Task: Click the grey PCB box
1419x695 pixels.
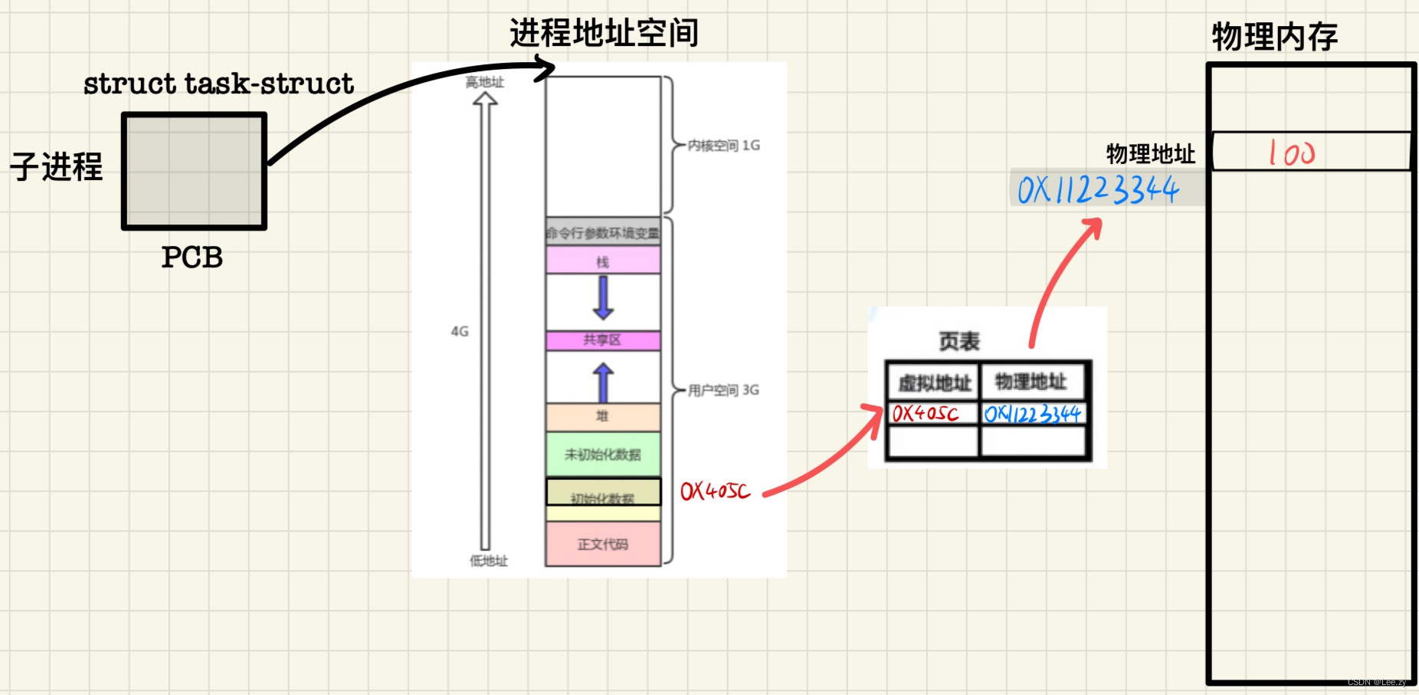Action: (194, 171)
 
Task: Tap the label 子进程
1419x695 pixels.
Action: (57, 166)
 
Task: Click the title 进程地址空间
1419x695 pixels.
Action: (604, 34)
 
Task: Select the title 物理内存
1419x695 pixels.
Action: (1274, 37)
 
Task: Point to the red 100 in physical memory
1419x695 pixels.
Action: (1291, 152)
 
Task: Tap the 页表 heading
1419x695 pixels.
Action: (959, 341)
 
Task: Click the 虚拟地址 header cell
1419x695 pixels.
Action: (934, 382)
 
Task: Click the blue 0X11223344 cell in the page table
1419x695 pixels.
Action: (1032, 415)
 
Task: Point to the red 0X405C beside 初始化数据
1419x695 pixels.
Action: (715, 491)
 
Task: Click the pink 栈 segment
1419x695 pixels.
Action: (603, 261)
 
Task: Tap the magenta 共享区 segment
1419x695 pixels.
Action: (603, 340)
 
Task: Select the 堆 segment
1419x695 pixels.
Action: (603, 416)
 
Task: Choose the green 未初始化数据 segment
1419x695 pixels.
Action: (603, 454)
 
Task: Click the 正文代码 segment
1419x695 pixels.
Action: (603, 544)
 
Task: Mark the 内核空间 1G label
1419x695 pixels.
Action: (723, 146)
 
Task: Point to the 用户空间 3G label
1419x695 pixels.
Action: (723, 390)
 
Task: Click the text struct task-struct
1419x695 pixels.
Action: (219, 84)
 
